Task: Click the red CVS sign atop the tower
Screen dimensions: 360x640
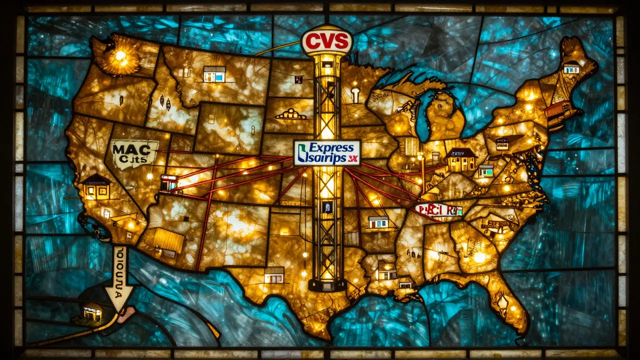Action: click(x=326, y=41)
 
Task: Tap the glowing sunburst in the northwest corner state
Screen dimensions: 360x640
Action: click(x=120, y=56)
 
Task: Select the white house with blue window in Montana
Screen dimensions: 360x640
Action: click(x=214, y=74)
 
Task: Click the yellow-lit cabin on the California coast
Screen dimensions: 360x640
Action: click(x=96, y=187)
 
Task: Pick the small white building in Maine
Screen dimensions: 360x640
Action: click(x=571, y=68)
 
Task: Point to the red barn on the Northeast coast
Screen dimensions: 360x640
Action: click(x=557, y=110)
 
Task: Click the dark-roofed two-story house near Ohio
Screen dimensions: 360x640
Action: click(x=461, y=160)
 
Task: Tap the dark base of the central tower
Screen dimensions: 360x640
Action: click(x=327, y=284)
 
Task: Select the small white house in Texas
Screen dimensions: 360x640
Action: click(x=274, y=274)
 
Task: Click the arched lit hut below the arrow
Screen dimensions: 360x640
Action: click(x=92, y=313)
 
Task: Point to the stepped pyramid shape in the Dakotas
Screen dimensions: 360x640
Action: click(x=290, y=114)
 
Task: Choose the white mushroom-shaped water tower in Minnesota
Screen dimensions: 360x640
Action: click(x=355, y=93)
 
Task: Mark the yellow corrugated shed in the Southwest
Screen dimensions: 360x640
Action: click(x=168, y=240)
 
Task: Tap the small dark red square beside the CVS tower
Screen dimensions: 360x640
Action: click(x=298, y=79)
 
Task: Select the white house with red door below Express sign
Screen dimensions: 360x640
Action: click(x=378, y=222)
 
